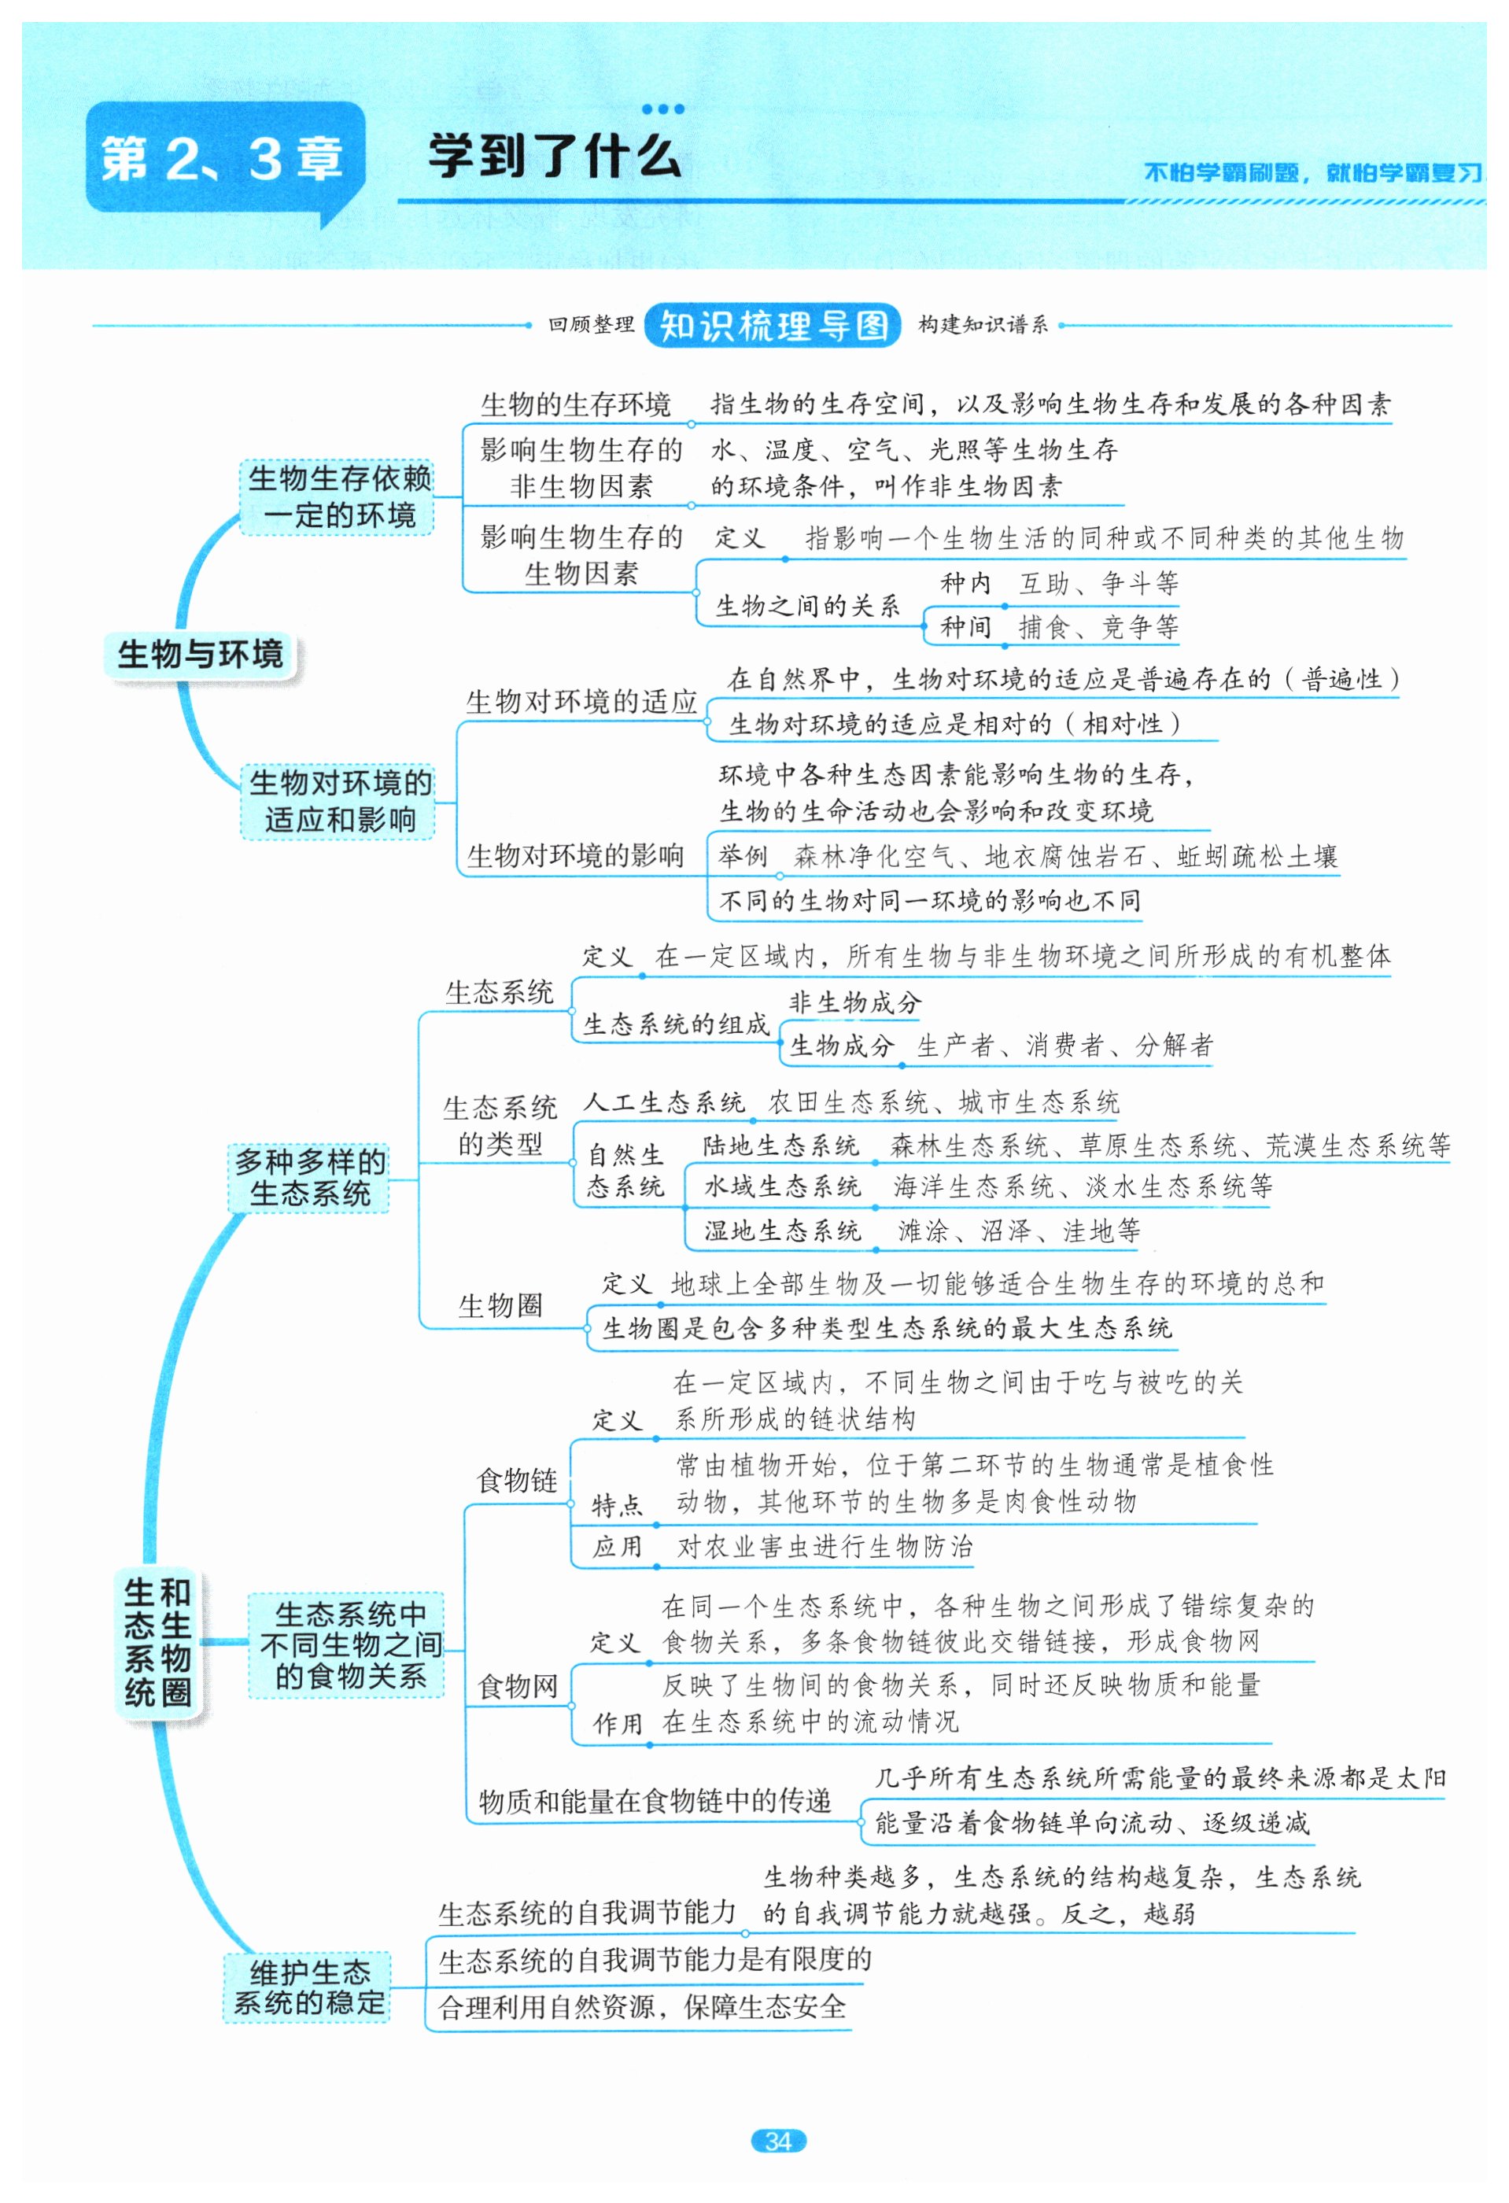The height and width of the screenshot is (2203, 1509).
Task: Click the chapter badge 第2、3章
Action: click(223, 158)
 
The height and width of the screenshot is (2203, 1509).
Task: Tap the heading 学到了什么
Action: click(555, 157)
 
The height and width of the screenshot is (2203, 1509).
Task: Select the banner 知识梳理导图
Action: click(773, 325)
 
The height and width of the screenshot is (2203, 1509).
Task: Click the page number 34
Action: click(777, 2140)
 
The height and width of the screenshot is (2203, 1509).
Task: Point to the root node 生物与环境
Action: click(200, 654)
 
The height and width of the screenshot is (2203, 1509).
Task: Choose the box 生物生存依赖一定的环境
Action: click(338, 496)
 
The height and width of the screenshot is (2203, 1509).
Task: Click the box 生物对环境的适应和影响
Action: click(338, 801)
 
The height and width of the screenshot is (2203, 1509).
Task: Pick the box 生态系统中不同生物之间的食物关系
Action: click(348, 1644)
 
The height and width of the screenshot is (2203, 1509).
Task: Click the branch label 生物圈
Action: click(500, 1305)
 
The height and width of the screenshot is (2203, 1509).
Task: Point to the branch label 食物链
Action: click(517, 1480)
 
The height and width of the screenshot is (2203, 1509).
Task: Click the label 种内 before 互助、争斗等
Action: click(965, 583)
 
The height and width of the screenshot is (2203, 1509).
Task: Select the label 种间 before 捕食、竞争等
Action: click(965, 626)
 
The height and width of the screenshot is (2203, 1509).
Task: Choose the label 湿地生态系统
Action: click(782, 1231)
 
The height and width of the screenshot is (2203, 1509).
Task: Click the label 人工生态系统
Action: click(663, 1101)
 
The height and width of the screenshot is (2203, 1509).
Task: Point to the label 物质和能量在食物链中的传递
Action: click(654, 1800)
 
